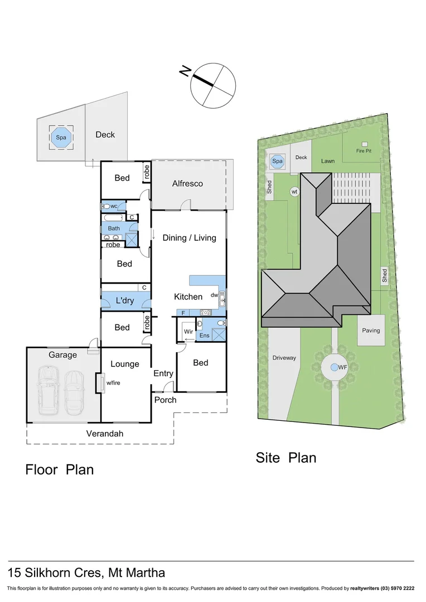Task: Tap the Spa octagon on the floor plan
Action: (60, 137)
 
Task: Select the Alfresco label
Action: (187, 183)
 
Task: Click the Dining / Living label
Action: (189, 238)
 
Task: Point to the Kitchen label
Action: (188, 297)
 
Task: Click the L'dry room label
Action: (124, 301)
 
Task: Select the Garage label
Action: (62, 355)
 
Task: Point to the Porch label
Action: (165, 400)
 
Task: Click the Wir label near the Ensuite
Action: (187, 331)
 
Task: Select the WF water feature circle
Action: (334, 367)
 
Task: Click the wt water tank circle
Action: (295, 192)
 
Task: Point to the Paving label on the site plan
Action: (371, 331)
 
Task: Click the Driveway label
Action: (284, 358)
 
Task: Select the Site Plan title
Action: (285, 458)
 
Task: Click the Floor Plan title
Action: (60, 469)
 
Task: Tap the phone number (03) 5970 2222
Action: (397, 588)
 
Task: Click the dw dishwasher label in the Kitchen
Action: (214, 295)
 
